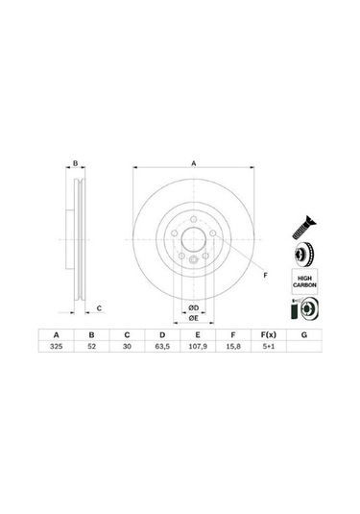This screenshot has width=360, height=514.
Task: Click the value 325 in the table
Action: click(57, 347)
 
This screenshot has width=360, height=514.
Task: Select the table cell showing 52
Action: click(92, 347)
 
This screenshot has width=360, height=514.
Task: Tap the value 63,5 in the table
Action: click(162, 347)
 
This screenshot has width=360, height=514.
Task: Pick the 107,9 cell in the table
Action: click(198, 347)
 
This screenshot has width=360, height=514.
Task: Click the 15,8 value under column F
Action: click(233, 347)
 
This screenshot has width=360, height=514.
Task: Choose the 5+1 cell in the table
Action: click(268, 347)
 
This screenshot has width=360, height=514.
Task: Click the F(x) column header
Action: click(268, 335)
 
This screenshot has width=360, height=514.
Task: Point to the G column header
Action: click(304, 335)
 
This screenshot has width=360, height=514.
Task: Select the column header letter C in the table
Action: click(127, 335)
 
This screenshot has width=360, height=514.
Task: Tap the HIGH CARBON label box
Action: click(304, 281)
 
